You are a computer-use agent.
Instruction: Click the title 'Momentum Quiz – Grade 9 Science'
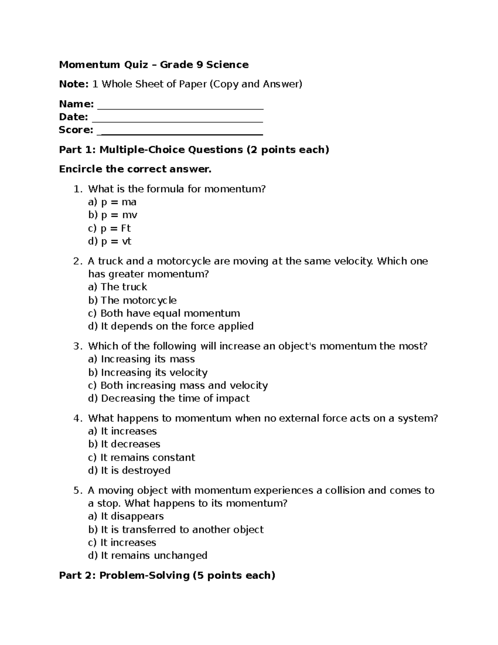pos(154,65)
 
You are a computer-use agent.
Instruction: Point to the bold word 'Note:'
pos(73,84)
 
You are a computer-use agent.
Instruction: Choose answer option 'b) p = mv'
pos(112,215)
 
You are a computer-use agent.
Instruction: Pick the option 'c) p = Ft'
pos(109,228)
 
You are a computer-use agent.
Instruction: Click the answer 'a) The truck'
pos(117,287)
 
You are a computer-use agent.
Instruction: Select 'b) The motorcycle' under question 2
pos(132,300)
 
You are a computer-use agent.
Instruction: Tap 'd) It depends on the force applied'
pos(171,326)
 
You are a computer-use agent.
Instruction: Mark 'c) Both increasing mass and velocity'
pos(178,385)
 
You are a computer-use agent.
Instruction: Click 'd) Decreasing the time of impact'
pos(168,399)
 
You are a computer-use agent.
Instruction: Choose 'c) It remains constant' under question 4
pos(141,458)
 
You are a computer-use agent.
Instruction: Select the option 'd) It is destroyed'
pos(129,471)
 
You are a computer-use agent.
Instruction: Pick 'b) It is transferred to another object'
pos(176,530)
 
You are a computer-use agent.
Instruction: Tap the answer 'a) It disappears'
pos(126,516)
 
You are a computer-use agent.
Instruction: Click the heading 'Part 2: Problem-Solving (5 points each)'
pos(167,576)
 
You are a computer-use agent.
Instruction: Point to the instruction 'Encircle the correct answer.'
pos(135,169)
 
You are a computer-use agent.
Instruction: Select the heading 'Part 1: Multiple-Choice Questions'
pos(194,150)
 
